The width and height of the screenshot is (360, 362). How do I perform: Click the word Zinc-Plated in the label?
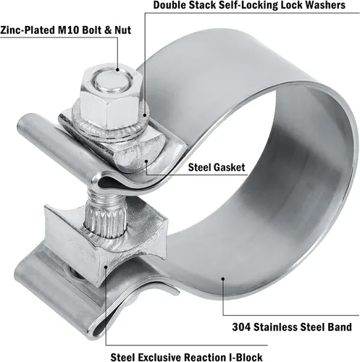[28, 30]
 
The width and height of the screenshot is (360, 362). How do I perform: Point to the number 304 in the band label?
[241, 327]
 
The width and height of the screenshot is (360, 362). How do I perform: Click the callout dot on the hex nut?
[117, 70]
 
